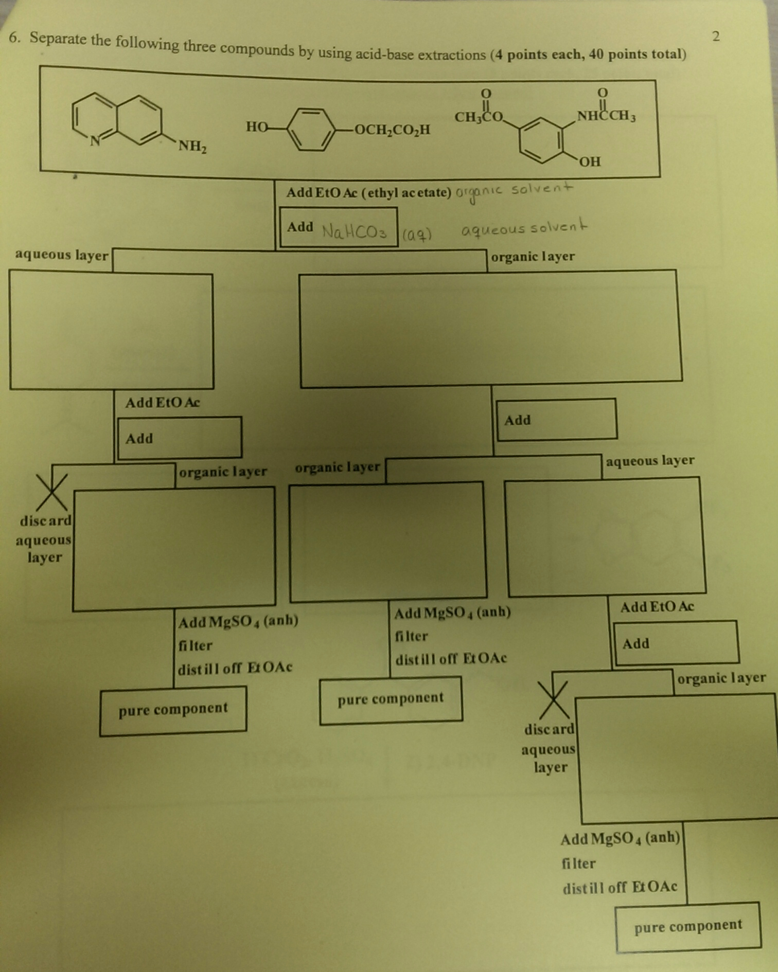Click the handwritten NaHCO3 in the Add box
354,232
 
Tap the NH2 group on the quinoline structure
192,146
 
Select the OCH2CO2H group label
392,130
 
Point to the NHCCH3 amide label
606,116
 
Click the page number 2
716,36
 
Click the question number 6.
14,37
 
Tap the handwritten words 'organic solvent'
514,191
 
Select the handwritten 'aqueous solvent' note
523,228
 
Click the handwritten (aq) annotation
416,235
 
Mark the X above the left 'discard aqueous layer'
51,492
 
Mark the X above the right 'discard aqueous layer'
553,699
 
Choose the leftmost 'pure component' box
173,710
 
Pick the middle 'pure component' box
391,699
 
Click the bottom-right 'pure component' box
688,926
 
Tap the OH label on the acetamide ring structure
590,162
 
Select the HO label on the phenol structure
256,127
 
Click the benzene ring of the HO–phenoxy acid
310,129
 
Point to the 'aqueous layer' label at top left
62,255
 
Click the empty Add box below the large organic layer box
556,420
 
